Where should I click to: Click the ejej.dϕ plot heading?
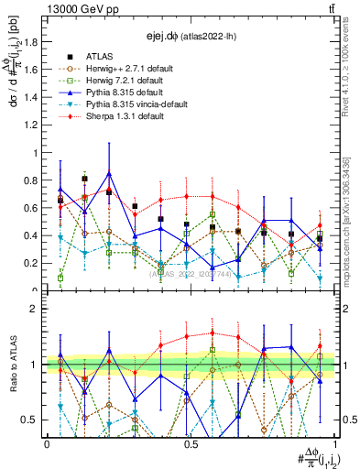tap(191, 36)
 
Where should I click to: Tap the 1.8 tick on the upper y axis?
tap(35, 42)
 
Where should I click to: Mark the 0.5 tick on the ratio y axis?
tap(35, 420)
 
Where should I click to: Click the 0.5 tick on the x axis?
tap(191, 443)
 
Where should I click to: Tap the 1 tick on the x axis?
tap(335, 443)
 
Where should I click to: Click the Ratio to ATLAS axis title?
tap(13, 365)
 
